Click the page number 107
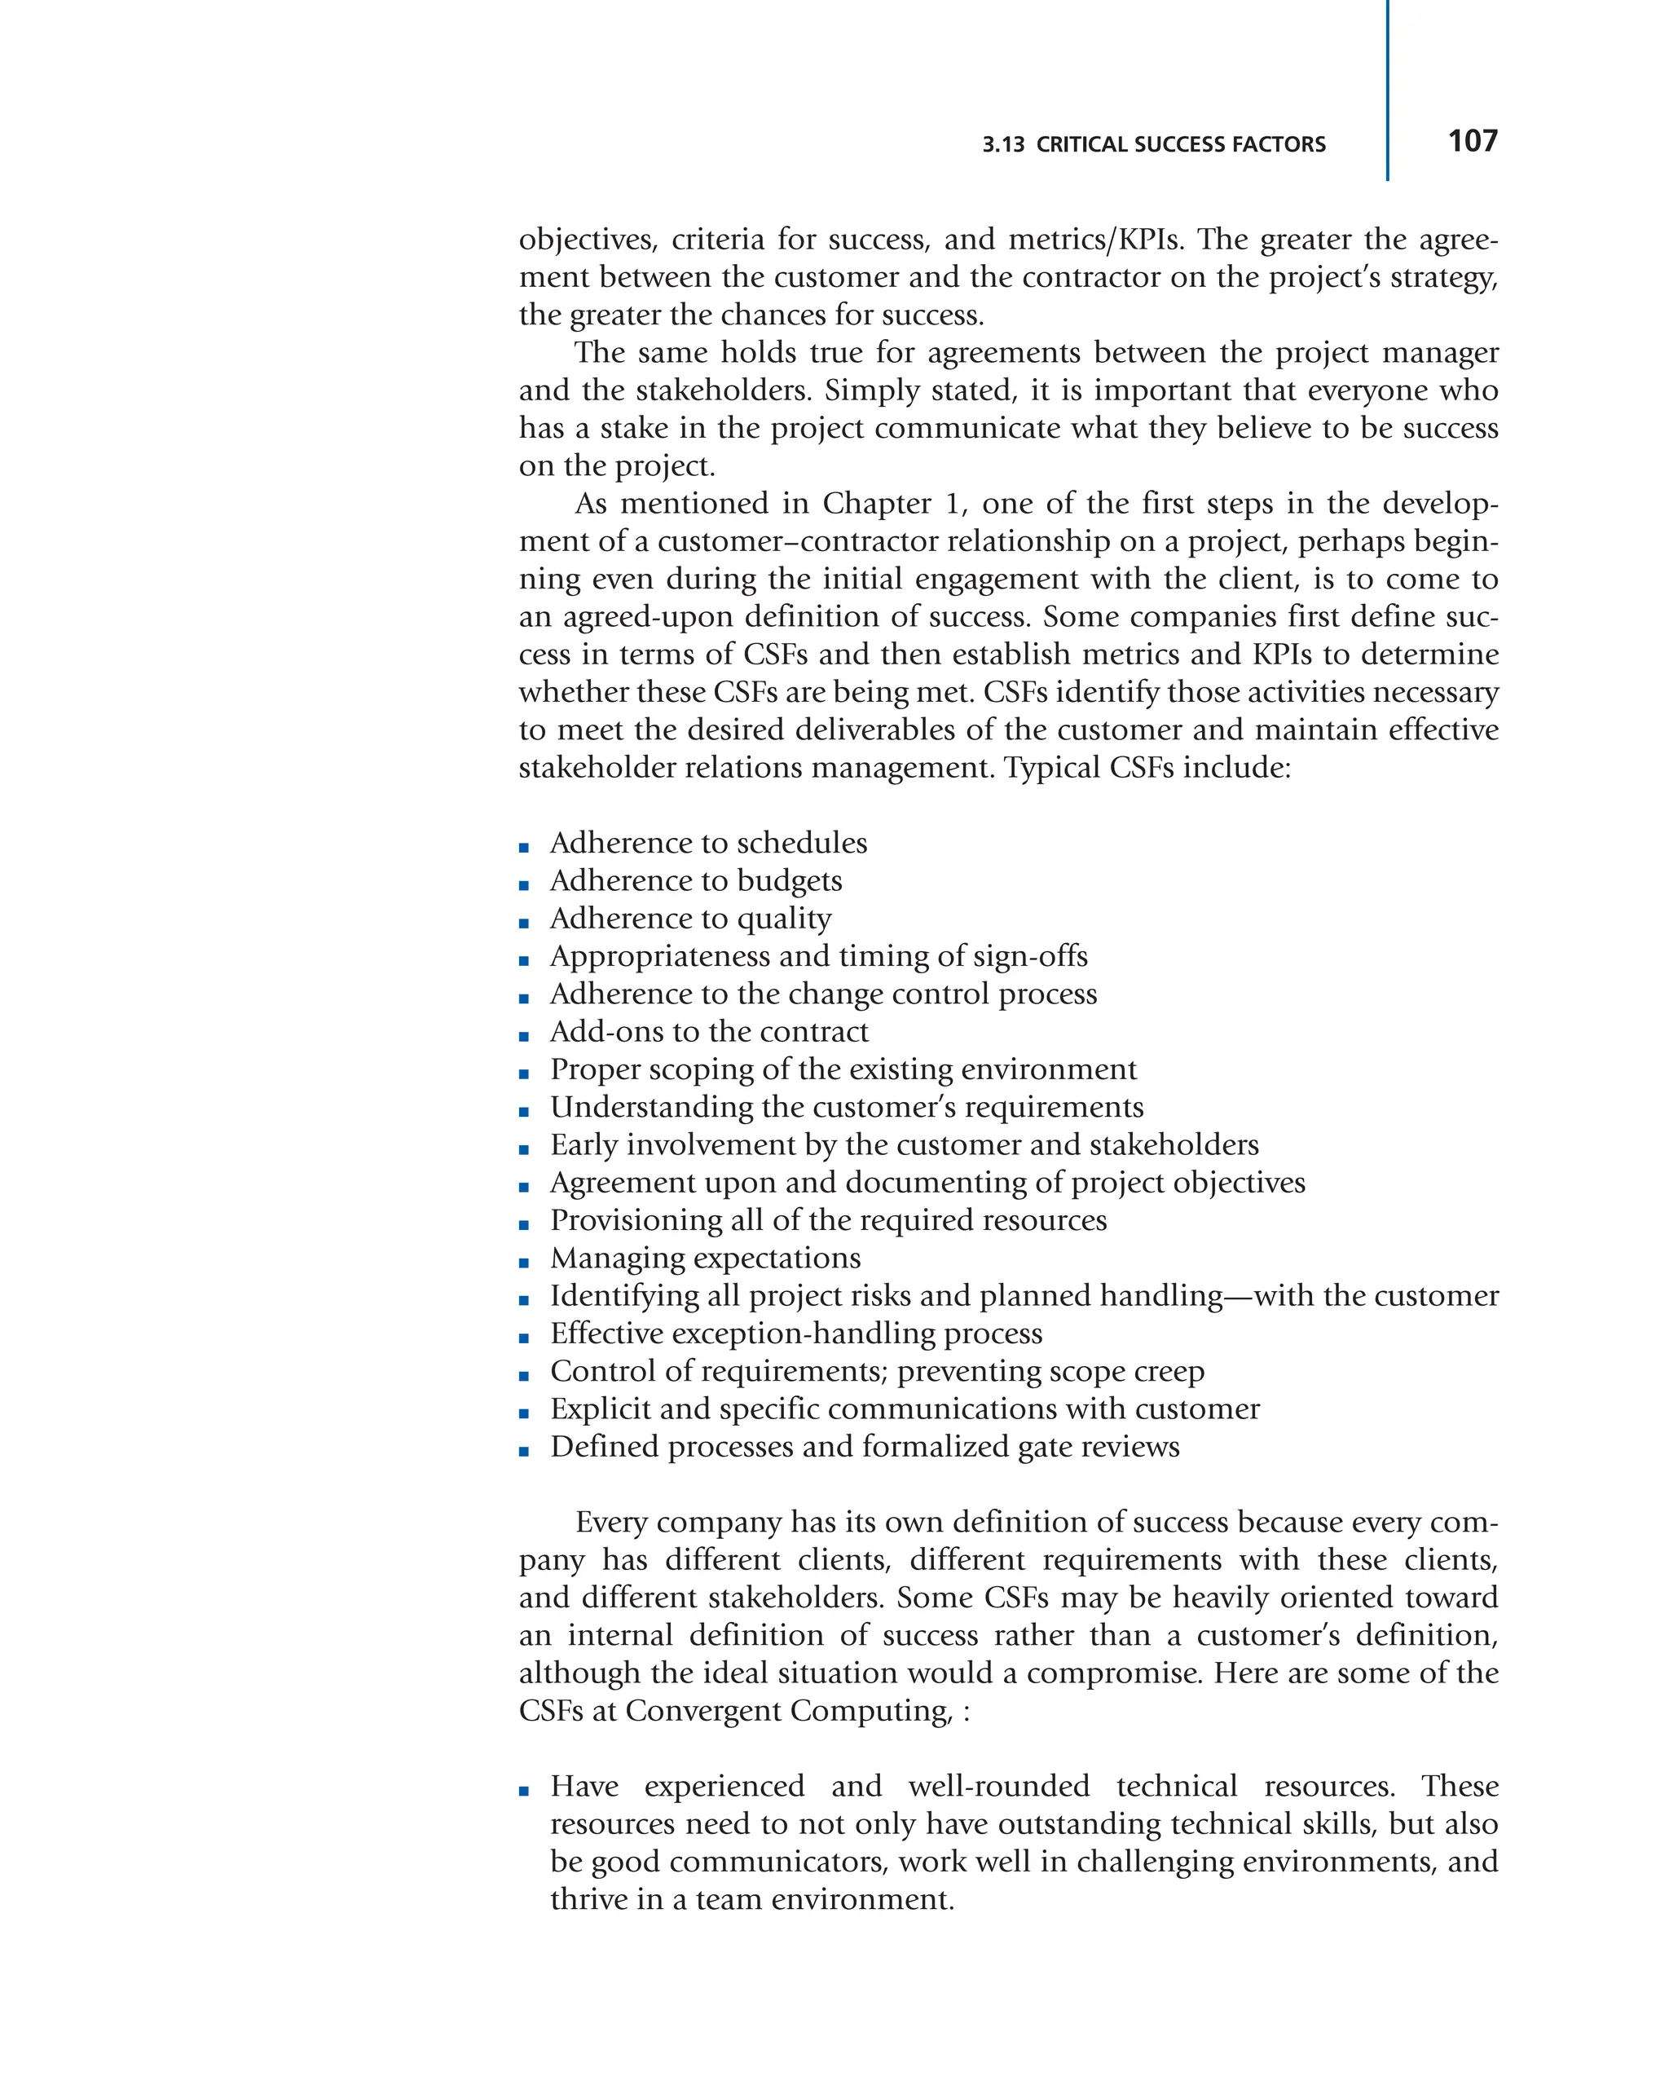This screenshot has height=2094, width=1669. point(1472,141)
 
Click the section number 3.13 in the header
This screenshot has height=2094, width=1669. point(1003,145)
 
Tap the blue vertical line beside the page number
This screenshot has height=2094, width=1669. point(1386,92)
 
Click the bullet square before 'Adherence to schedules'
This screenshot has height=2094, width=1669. point(524,847)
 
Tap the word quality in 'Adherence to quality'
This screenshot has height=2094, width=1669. point(783,919)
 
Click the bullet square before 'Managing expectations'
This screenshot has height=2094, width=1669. point(524,1263)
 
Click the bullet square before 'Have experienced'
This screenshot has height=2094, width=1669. point(524,1791)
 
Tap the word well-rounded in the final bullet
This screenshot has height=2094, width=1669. point(999,1786)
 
